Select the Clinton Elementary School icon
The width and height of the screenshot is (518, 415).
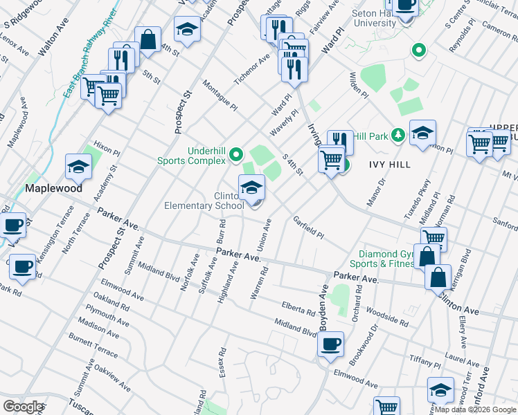pyautogui.click(x=251, y=187)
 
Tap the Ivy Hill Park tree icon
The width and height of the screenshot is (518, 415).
pyautogui.click(x=398, y=134)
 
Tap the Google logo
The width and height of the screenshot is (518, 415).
pyautogui.click(x=24, y=407)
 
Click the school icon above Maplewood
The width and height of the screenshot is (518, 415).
pyautogui.click(x=79, y=167)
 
